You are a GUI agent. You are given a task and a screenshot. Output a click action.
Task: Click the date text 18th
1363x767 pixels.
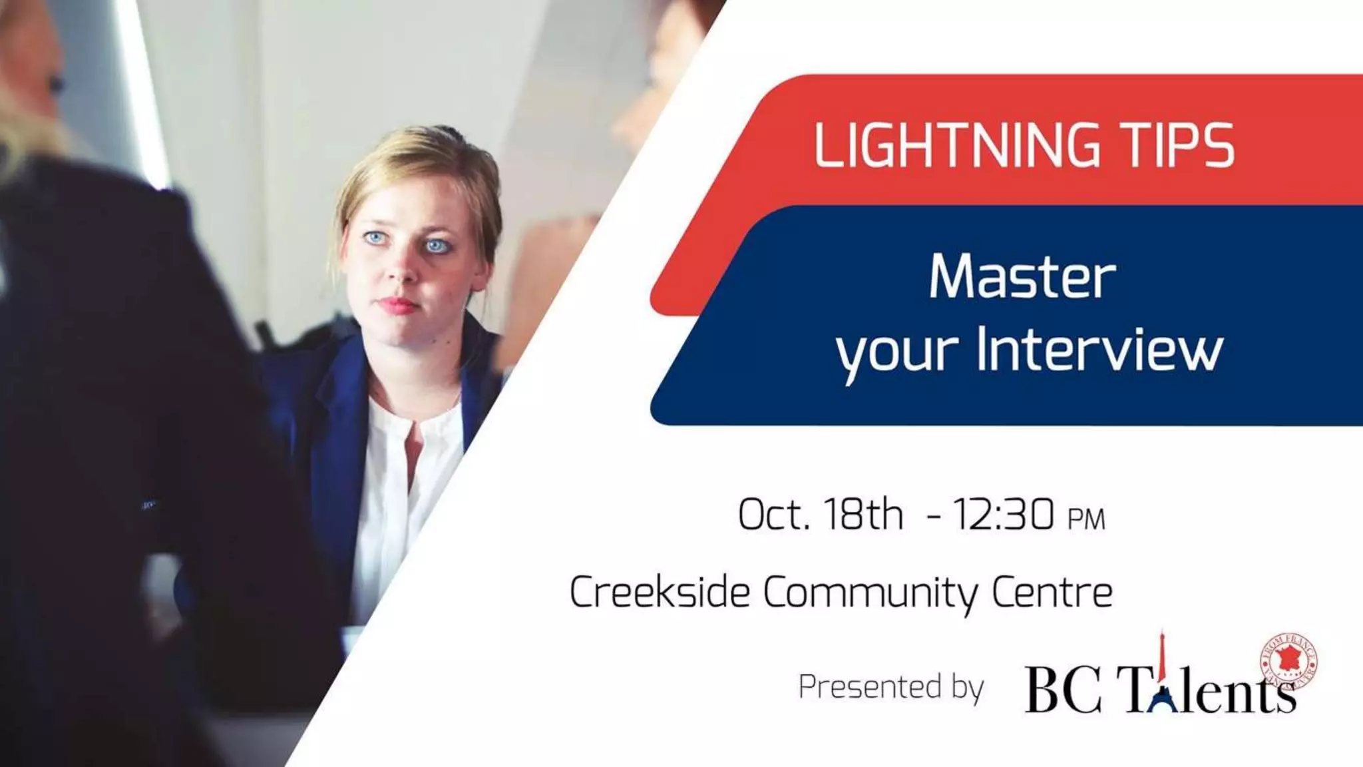863,515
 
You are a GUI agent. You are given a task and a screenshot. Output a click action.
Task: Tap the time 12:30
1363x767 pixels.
1003,515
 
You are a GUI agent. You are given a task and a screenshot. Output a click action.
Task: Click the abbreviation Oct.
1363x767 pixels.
773,515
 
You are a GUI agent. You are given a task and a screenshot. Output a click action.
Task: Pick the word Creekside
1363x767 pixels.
660,592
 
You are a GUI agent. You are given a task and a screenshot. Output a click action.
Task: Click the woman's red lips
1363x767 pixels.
398,306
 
